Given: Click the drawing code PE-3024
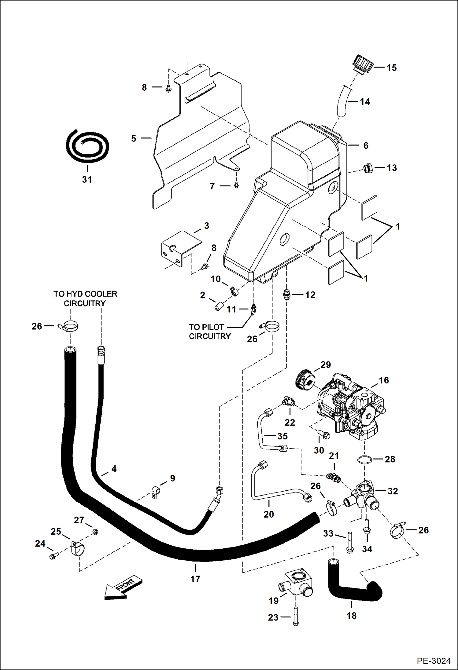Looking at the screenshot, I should point(433,661).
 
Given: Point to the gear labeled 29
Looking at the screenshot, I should point(305,379).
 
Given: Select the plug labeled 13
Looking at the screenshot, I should point(368,168).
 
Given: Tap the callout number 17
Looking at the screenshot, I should point(195,579).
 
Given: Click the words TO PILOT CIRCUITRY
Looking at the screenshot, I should point(210,331).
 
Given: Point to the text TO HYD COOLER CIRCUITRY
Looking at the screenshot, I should point(85,298).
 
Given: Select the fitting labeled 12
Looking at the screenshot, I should point(286,295).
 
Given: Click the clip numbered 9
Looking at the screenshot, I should point(156,492).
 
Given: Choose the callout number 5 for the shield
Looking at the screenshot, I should point(134,138).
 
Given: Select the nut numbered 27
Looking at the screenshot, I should point(95,532).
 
